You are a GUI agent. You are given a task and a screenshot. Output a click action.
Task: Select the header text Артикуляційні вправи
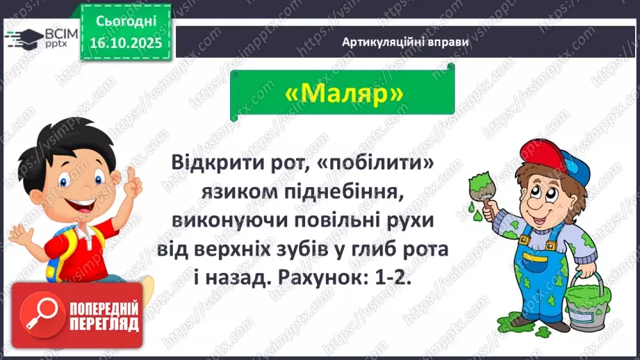tap(405, 42)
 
